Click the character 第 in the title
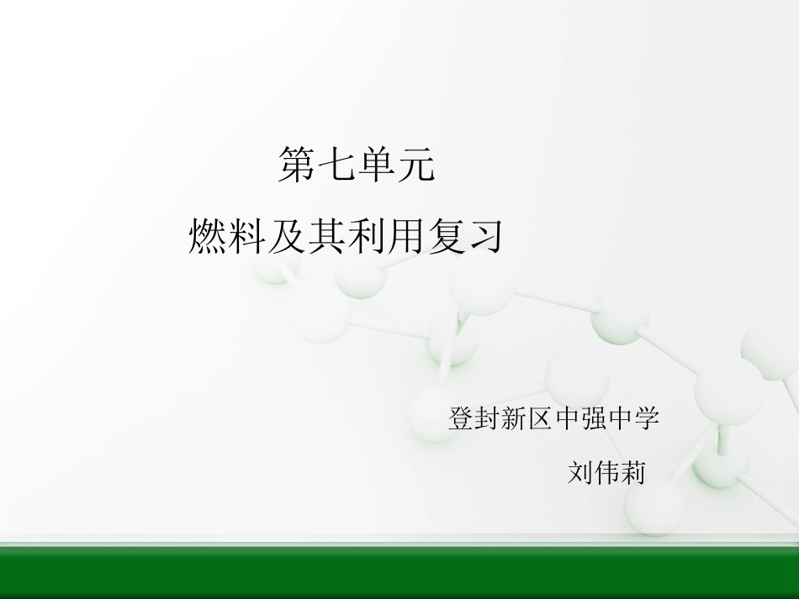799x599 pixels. pos(298,165)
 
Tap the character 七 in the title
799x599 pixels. pos(337,165)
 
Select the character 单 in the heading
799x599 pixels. pos(377,165)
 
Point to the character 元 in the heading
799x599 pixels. pos(415,165)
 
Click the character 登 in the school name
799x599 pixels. pos(463,418)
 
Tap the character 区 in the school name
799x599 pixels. pos(541,418)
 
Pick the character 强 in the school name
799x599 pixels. pos(593,418)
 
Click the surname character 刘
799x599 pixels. pos(580,473)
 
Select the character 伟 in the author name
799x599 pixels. pos(606,473)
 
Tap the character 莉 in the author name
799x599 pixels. pos(632,473)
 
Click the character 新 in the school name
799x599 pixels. pos(515,418)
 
